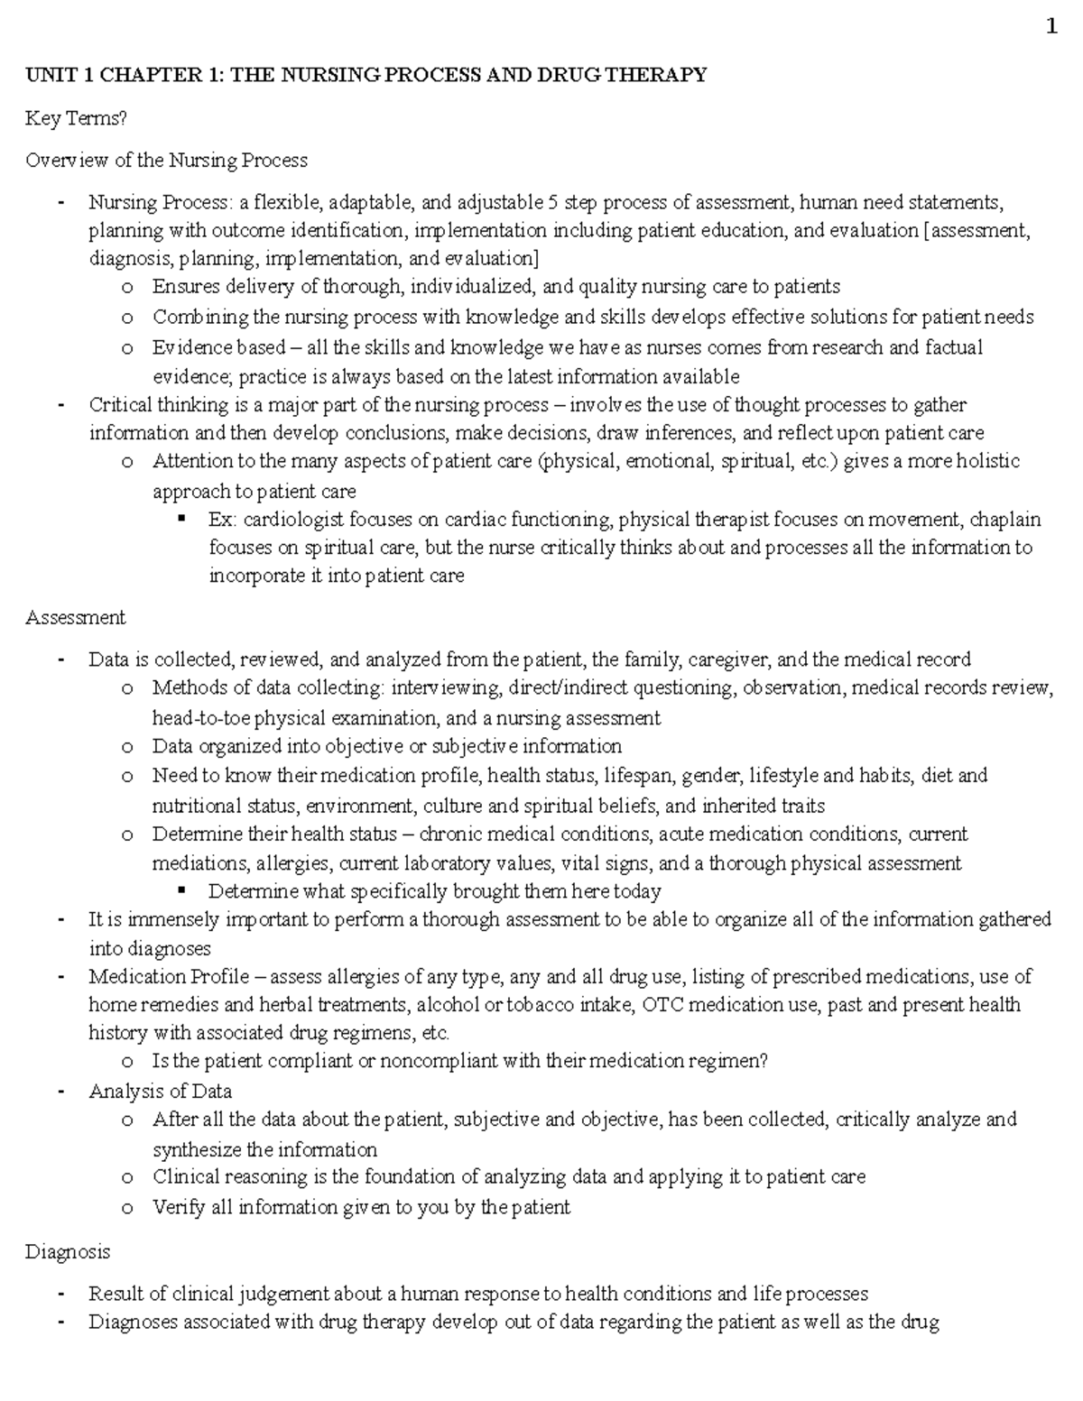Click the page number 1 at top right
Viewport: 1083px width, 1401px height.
(x=1051, y=27)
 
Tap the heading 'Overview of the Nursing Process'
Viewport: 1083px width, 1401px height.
(x=166, y=161)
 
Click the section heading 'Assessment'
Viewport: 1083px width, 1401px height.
(x=75, y=618)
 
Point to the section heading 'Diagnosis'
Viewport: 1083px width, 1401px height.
(x=68, y=1252)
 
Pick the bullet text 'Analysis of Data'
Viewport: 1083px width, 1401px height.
(x=160, y=1091)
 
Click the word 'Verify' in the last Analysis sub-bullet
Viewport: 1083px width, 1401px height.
(x=179, y=1207)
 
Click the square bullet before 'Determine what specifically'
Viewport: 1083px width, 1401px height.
(x=183, y=890)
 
